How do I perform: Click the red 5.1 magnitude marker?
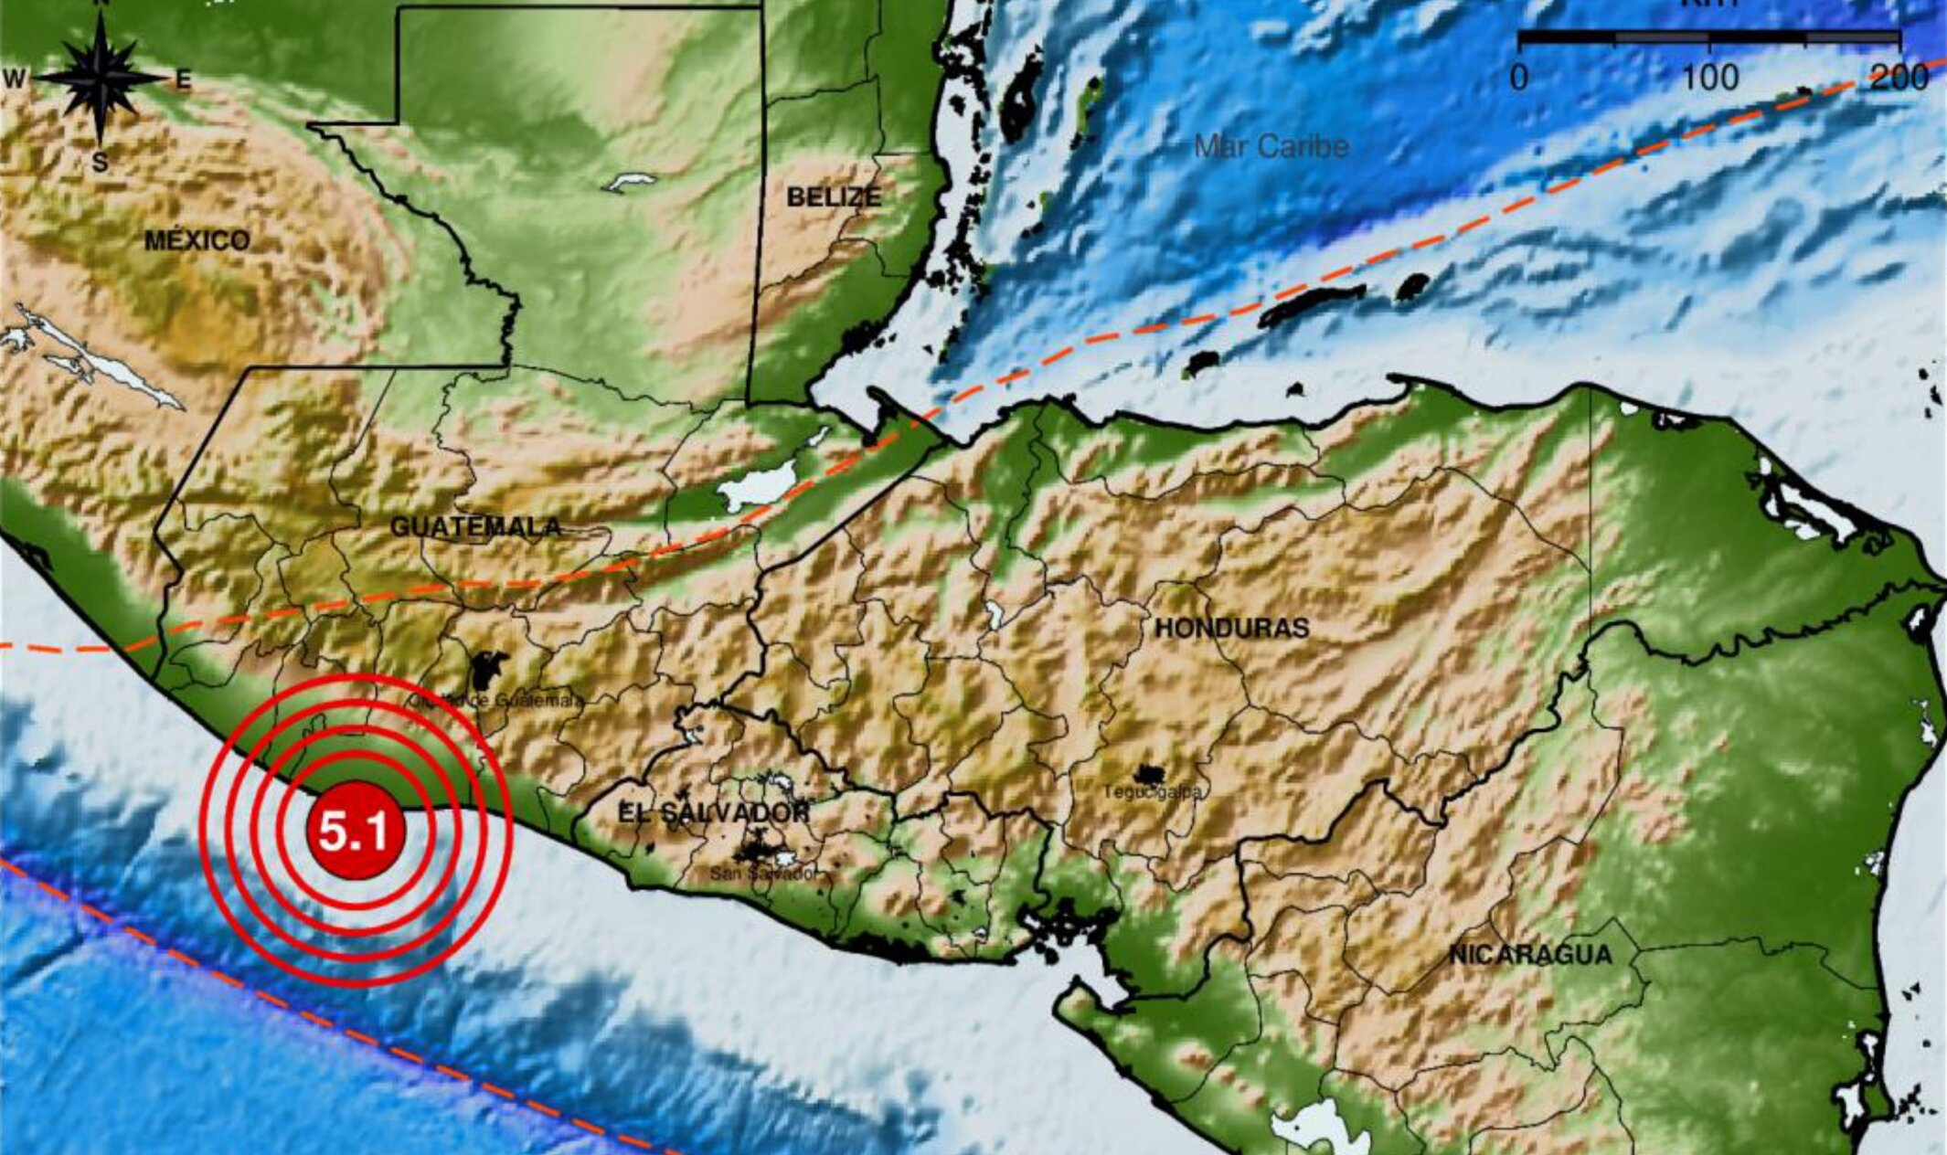[355, 831]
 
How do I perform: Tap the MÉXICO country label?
[197, 240]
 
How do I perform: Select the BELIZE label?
[834, 196]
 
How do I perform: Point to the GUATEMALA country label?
[475, 526]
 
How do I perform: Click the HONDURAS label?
[1231, 628]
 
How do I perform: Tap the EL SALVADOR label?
[713, 812]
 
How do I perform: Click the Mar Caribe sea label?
[1271, 146]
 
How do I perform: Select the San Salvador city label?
[766, 874]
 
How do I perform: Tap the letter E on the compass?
[184, 81]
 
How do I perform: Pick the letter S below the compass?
[100, 163]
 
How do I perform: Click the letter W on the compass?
[15, 79]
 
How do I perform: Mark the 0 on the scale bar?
[1518, 78]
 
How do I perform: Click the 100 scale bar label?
[1710, 78]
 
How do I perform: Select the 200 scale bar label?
[1899, 78]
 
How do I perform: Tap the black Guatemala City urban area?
[488, 672]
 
